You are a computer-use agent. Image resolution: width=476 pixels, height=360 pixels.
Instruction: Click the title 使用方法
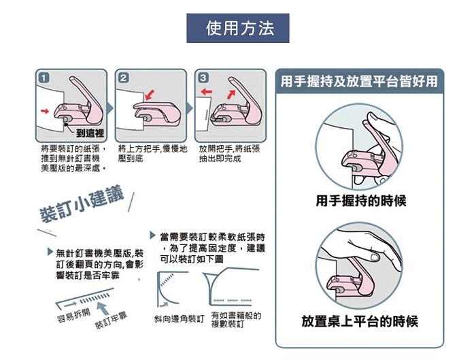click(x=240, y=29)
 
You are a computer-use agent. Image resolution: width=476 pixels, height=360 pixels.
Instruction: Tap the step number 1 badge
click(x=44, y=78)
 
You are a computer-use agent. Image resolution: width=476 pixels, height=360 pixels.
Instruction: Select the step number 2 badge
click(x=123, y=78)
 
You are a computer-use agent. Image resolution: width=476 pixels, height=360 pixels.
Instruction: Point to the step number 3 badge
click(x=203, y=78)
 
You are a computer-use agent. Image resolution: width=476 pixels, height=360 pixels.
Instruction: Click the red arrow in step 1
click(x=45, y=111)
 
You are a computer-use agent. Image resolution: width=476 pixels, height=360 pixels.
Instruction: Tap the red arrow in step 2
click(x=150, y=95)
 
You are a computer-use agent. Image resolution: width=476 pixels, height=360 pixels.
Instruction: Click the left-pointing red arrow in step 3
click(x=207, y=91)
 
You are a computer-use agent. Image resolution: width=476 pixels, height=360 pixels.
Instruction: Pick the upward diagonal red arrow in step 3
click(x=231, y=94)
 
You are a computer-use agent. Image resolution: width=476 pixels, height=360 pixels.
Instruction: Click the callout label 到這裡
click(x=90, y=133)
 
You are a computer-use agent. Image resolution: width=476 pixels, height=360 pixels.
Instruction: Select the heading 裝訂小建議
click(x=82, y=204)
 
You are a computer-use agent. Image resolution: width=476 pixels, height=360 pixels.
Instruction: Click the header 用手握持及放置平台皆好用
click(x=359, y=82)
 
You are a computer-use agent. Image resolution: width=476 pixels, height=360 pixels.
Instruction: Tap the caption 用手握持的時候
click(x=361, y=201)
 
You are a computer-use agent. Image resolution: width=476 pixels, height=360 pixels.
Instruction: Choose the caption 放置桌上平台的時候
click(x=360, y=321)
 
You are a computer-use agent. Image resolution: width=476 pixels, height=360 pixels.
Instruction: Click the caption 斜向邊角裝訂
click(x=179, y=318)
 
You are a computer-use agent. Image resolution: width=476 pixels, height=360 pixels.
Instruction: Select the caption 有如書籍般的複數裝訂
click(x=236, y=320)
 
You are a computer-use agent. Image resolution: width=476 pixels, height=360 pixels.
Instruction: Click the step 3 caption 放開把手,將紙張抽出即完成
click(x=230, y=153)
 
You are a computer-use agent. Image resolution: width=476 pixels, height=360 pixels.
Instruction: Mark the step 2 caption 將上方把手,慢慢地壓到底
click(x=153, y=153)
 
